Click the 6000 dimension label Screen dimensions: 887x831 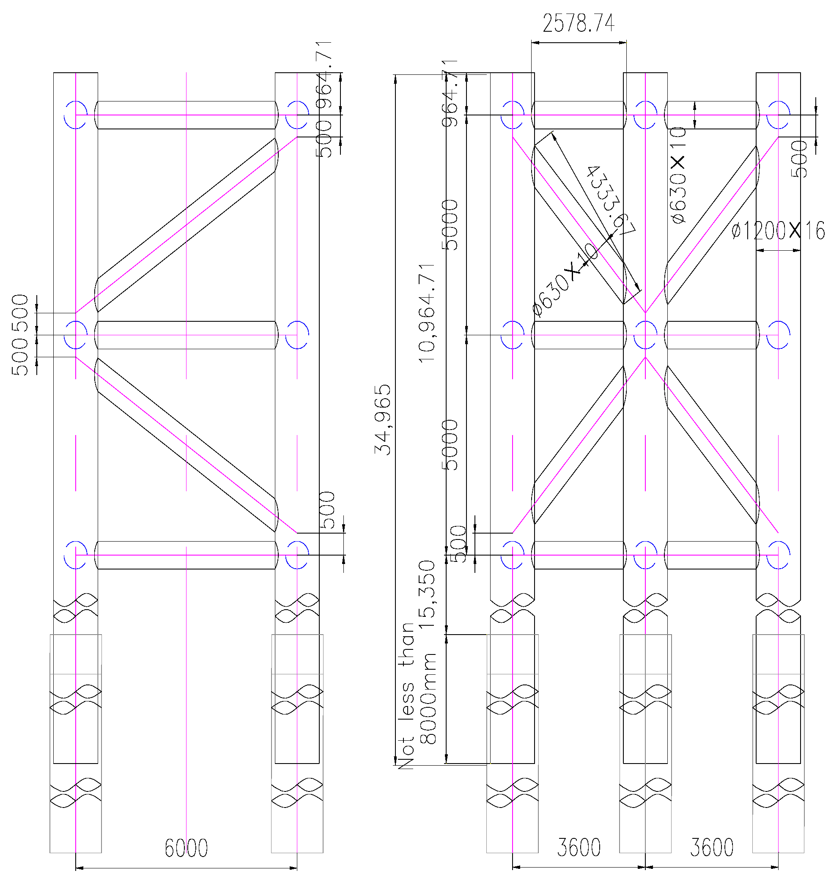click(x=186, y=848)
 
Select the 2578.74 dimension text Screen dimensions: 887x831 click(x=579, y=24)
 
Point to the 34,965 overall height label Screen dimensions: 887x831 click(x=383, y=419)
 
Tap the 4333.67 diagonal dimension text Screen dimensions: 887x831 click(x=611, y=201)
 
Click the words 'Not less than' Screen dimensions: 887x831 click(x=406, y=696)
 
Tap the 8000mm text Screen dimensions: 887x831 click(x=428, y=699)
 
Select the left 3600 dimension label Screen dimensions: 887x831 click(x=579, y=848)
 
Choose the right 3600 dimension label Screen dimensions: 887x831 click(x=712, y=848)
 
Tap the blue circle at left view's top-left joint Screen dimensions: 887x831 click(x=75, y=115)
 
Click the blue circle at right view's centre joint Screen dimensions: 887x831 click(x=645, y=334)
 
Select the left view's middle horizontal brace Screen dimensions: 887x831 click(x=186, y=334)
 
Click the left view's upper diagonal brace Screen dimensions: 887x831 click(x=186, y=225)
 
